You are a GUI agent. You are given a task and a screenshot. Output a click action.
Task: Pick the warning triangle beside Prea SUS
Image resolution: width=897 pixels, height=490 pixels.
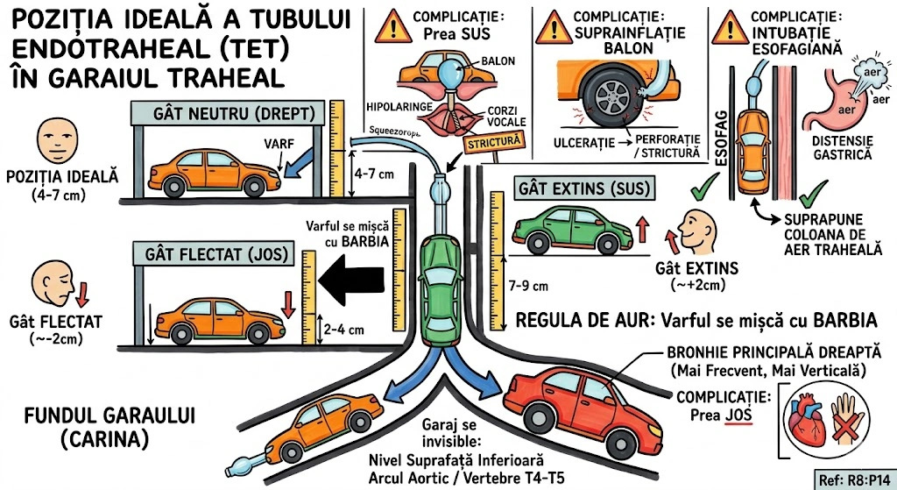(x=391, y=27)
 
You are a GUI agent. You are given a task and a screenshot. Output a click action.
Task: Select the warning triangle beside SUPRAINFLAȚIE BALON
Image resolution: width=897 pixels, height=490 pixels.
(x=553, y=27)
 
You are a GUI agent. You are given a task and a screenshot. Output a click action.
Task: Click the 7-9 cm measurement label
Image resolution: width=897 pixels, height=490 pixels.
(x=527, y=286)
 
